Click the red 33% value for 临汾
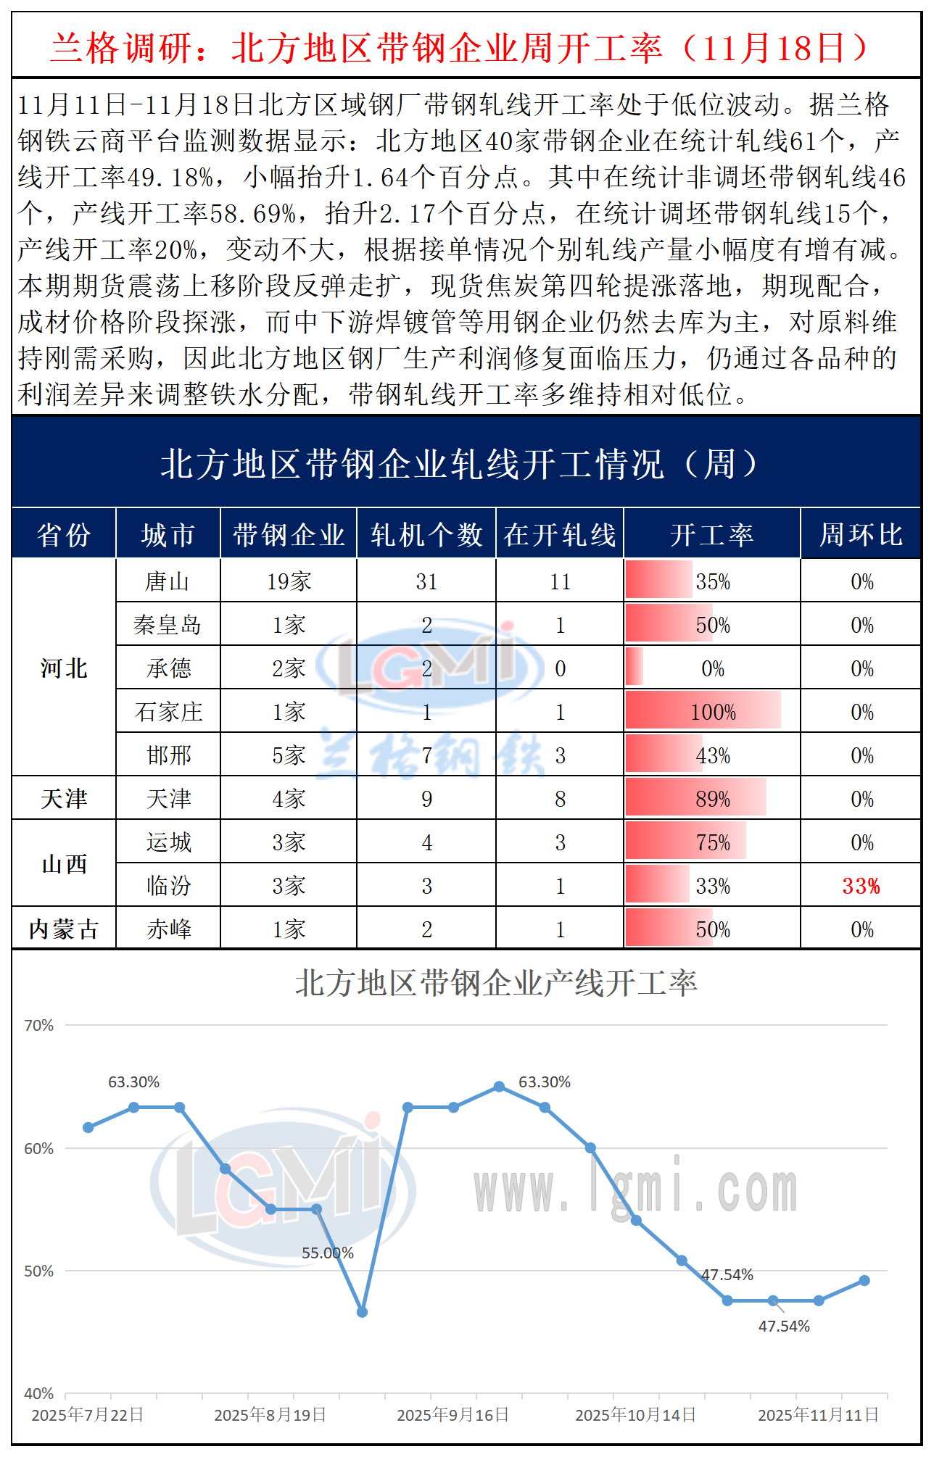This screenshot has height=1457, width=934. click(861, 886)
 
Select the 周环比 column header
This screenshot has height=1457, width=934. click(861, 535)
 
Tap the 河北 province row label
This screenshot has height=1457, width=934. click(64, 668)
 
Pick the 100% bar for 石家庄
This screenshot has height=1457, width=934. click(703, 711)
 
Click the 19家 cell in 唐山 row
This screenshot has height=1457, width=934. click(289, 581)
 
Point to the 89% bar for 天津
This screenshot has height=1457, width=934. click(696, 798)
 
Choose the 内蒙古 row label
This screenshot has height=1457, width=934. click(64, 929)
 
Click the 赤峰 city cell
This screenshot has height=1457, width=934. click(168, 929)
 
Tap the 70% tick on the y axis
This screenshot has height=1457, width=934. click(39, 1026)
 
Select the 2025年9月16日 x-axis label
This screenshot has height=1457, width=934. click(452, 1415)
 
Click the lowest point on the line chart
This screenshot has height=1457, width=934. click(362, 1312)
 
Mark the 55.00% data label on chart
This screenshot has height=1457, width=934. click(328, 1253)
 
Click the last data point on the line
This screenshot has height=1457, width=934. click(864, 1281)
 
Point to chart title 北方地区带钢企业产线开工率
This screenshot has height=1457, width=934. click(496, 984)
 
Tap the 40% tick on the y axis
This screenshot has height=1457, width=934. click(39, 1394)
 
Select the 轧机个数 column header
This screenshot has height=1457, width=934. click(426, 535)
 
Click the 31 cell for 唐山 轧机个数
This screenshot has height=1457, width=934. click(426, 581)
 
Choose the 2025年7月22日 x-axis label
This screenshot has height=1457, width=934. click(88, 1415)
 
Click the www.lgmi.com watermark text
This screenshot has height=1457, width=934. click(635, 1190)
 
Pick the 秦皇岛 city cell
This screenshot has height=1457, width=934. click(168, 625)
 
